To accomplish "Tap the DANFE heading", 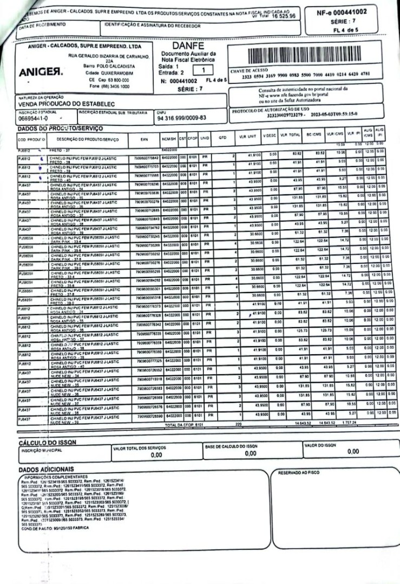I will pos(188,47).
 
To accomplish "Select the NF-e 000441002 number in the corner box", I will pos(343,11).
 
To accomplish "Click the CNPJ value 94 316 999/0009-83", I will pos(180,117).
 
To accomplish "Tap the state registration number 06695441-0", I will pos(33,117).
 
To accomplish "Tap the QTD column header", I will pos(222,138).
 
